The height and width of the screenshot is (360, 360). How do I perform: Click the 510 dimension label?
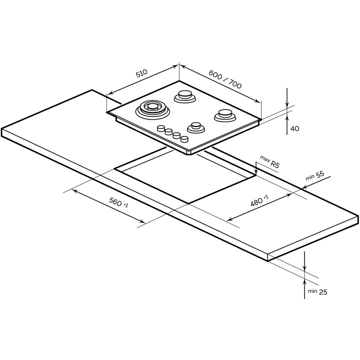point(141,73)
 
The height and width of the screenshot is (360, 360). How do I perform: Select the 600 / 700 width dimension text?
point(225,79)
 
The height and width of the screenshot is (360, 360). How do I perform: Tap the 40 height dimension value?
point(295,129)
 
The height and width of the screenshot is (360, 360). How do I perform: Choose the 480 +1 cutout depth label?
point(259,201)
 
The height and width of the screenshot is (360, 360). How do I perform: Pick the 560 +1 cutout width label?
point(118,202)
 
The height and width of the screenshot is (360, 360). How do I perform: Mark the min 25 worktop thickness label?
point(317,292)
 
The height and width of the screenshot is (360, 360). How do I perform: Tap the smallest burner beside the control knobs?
point(196,128)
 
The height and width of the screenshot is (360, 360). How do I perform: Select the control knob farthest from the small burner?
point(161,128)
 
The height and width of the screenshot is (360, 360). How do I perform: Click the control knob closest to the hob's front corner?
point(184,139)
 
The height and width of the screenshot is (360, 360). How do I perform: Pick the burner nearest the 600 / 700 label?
point(185,96)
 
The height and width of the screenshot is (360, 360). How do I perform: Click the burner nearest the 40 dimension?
point(225,115)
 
